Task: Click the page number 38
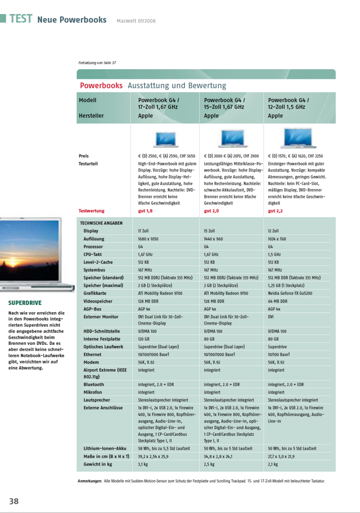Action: click(13, 501)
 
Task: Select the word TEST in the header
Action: click(20, 19)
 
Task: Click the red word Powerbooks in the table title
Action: click(101, 85)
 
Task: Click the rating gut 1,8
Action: click(145, 211)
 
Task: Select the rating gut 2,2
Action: click(276, 211)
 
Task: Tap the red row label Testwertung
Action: click(92, 211)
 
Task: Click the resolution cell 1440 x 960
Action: click(213, 239)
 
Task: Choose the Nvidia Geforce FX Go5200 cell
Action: click(290, 293)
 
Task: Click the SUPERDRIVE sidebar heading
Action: click(25, 303)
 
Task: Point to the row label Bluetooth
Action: click(93, 384)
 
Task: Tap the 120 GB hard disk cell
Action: click(144, 339)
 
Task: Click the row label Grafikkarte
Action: click(95, 293)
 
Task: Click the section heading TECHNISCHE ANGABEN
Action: click(101, 223)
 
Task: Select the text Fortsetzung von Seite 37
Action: click(97, 63)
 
